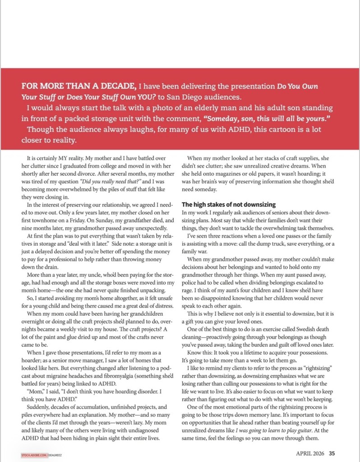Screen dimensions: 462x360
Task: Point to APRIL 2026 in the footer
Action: click(x=312, y=454)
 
